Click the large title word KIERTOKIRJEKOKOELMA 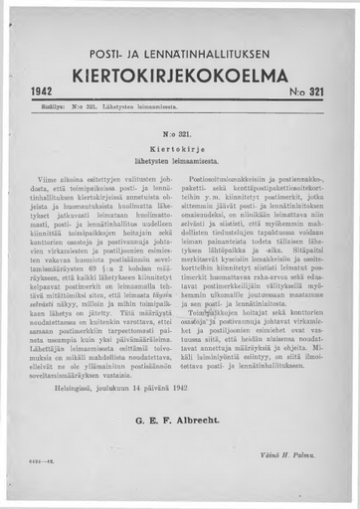pos(180,77)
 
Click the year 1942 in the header pos(41,91)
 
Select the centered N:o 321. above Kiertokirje pos(178,130)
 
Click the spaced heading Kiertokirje pos(178,144)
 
